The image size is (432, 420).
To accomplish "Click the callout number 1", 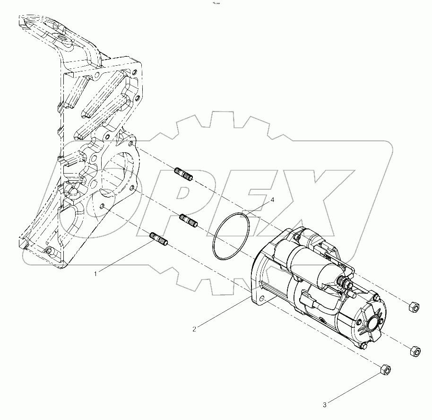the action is pyautogui.click(x=96, y=273).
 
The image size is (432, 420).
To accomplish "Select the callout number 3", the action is pyautogui.click(x=325, y=405).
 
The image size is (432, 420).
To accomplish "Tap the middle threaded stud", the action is pyautogui.click(x=189, y=220).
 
